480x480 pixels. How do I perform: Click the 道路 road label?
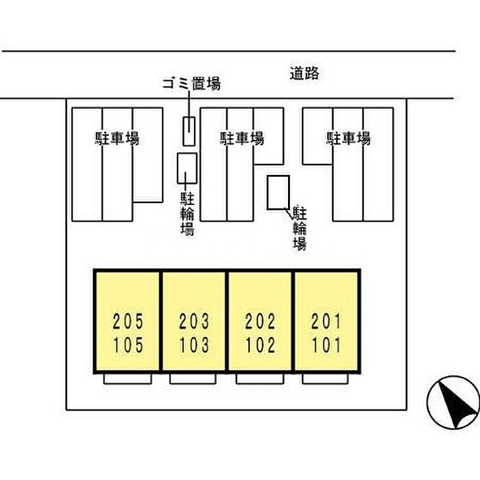(304, 74)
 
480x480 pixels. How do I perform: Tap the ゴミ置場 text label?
(191, 84)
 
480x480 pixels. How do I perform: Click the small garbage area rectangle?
(189, 131)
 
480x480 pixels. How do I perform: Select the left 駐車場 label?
(117, 139)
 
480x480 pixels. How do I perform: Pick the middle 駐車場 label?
(241, 139)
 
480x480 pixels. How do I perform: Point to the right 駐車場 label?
(348, 139)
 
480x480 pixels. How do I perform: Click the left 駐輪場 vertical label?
(187, 214)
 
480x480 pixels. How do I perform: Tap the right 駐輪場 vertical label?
(299, 228)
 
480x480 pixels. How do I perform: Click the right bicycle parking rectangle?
(278, 192)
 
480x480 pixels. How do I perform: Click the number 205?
(128, 321)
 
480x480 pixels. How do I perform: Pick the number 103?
(194, 345)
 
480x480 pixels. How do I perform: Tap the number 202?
(261, 321)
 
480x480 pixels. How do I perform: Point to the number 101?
(326, 345)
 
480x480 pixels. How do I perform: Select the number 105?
(128, 345)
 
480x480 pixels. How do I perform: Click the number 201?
(326, 321)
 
